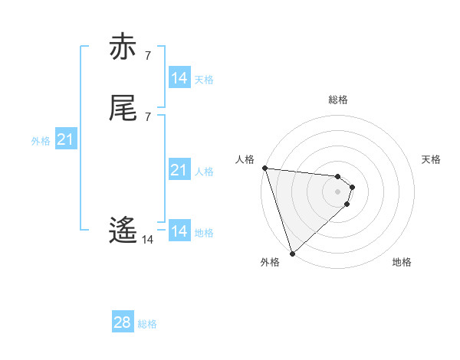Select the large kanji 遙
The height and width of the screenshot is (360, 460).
point(123,231)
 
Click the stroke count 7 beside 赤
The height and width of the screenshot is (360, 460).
point(147,55)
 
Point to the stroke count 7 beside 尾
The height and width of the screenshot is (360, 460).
point(147,116)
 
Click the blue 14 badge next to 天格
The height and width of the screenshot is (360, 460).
point(179,78)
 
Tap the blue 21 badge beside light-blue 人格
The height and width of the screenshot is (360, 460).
point(179,170)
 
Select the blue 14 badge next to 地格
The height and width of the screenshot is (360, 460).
point(179,231)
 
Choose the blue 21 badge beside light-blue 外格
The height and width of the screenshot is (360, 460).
point(65,139)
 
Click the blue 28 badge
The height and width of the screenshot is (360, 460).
point(123,322)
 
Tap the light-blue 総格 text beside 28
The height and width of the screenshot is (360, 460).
point(147,324)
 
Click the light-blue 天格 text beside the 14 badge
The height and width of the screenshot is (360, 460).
point(204,80)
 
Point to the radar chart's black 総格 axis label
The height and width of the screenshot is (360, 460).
point(338,100)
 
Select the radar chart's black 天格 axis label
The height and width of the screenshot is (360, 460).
point(432,159)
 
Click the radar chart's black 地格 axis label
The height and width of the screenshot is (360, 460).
point(402,262)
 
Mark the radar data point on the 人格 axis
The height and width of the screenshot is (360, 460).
point(264,168)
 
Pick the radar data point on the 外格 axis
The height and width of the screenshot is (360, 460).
point(292,253)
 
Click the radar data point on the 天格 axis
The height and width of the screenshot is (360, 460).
point(353,187)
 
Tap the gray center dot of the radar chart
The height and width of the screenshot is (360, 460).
point(338,191)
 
